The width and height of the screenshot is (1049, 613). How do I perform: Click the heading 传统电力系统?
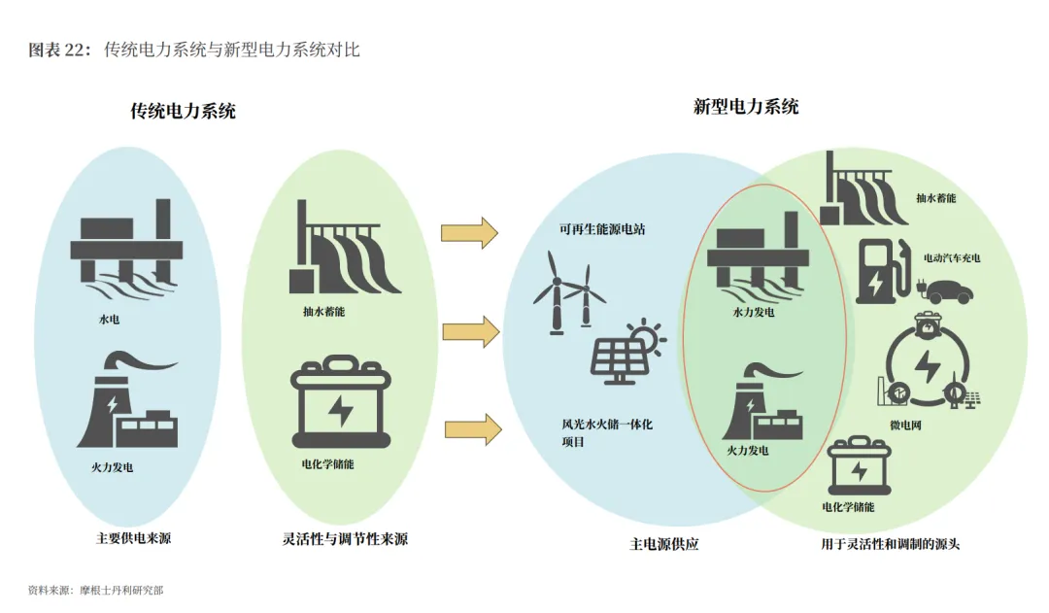184,111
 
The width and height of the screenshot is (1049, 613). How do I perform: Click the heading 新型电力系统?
746,107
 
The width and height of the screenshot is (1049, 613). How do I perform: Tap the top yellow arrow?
469,233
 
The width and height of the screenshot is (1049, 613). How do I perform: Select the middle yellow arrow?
470,331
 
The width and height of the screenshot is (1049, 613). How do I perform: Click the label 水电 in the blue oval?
110,318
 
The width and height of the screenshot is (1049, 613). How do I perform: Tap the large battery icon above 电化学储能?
341,408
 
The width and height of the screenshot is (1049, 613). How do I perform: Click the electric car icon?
948,290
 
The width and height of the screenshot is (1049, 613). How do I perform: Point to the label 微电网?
932,426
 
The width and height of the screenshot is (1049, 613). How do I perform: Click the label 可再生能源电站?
601,230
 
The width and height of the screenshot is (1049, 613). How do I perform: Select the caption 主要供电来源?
134,537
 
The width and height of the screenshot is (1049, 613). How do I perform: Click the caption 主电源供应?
663,544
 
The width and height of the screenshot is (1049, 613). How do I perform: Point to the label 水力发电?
754,313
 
